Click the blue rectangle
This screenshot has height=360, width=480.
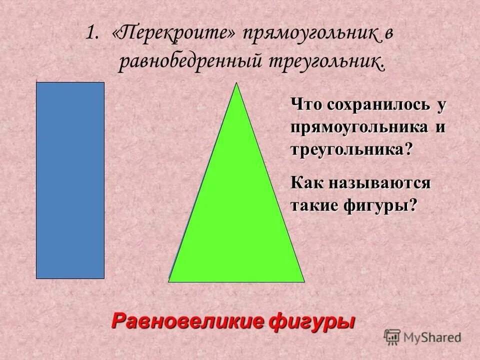point(70,180)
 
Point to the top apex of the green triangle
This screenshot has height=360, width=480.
point(236,83)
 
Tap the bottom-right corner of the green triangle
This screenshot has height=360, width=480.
point(303,281)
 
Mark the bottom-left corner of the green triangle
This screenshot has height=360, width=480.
point(169,281)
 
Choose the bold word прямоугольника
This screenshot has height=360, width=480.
point(358,127)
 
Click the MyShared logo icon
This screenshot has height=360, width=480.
point(392,337)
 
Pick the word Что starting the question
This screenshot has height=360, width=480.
point(306,105)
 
